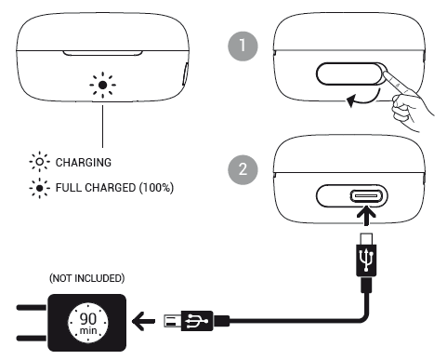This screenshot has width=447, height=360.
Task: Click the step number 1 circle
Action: [243, 46]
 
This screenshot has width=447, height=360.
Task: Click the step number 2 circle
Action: [243, 169]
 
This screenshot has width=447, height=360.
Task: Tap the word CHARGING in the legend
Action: [84, 163]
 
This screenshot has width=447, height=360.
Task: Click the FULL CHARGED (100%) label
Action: [114, 188]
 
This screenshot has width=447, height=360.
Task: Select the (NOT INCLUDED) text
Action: [87, 278]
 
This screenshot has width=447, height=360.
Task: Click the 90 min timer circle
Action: [88, 323]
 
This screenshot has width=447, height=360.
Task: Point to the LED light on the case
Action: [103, 85]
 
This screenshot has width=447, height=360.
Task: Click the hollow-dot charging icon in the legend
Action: [40, 162]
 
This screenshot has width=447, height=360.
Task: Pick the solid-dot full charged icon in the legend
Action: [40, 188]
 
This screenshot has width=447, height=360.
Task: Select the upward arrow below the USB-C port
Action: [366, 216]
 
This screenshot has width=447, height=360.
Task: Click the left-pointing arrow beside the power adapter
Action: [143, 321]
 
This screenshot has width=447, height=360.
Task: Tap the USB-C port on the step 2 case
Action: [365, 196]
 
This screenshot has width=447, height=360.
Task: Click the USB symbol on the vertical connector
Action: [366, 260]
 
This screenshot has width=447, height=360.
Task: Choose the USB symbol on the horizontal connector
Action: [196, 321]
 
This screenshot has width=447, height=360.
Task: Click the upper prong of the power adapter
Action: [32, 308]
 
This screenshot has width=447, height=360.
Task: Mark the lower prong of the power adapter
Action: [32, 338]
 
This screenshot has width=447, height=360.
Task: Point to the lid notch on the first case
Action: [102, 53]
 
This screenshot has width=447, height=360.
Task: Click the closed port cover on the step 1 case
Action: [351, 73]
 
